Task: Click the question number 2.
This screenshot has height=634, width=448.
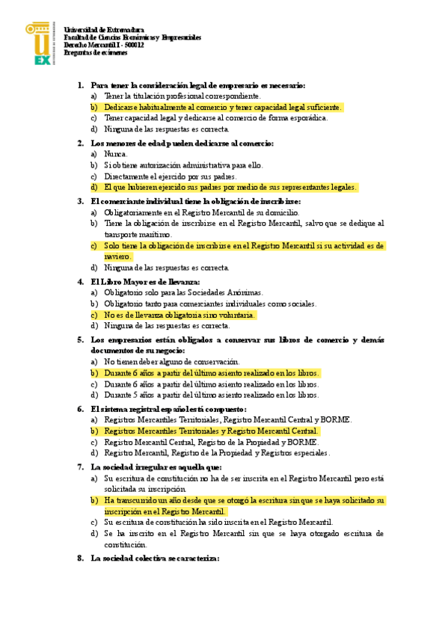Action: click(81, 143)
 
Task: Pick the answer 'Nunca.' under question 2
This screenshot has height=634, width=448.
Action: click(116, 154)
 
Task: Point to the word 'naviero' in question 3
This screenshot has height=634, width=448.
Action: click(117, 256)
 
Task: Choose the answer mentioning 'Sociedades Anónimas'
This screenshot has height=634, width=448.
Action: click(183, 292)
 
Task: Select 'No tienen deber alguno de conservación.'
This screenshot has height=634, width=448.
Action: click(171, 361)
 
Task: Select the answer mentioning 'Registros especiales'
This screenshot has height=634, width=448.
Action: click(217, 453)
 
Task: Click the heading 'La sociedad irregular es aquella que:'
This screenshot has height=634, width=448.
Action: click(156, 467)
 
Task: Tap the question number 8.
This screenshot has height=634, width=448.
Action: click(81, 558)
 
